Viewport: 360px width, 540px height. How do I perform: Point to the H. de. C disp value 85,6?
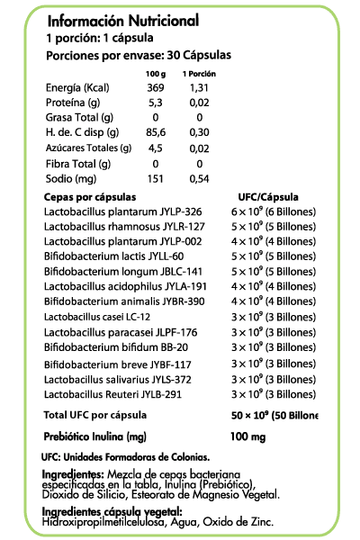pos(156,132)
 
